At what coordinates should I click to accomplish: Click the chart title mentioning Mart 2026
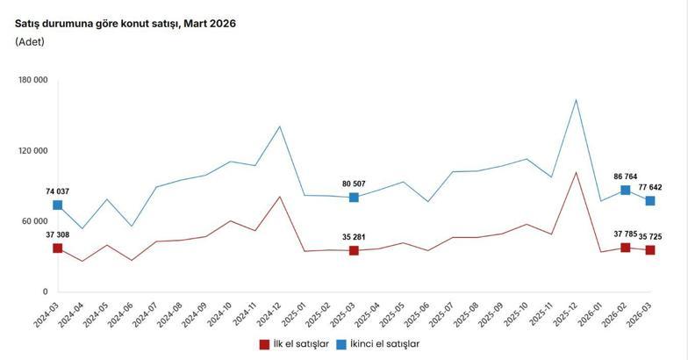(125, 24)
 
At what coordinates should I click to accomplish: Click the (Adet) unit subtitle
(30, 42)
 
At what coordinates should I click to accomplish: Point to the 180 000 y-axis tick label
(32, 81)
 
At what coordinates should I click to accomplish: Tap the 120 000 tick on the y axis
(32, 151)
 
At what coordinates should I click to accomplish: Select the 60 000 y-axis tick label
(35, 221)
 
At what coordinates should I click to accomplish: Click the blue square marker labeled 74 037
(58, 205)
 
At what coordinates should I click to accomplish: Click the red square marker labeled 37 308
(58, 248)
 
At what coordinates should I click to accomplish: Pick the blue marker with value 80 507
(354, 198)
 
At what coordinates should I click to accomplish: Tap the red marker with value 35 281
(354, 251)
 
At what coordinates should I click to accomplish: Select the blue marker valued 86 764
(626, 190)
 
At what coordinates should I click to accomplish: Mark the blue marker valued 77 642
(650, 201)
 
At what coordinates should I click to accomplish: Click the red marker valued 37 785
(626, 248)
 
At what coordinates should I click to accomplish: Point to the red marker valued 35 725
(650, 250)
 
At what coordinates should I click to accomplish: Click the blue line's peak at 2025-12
(576, 99)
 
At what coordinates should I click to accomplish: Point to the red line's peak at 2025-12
(576, 172)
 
